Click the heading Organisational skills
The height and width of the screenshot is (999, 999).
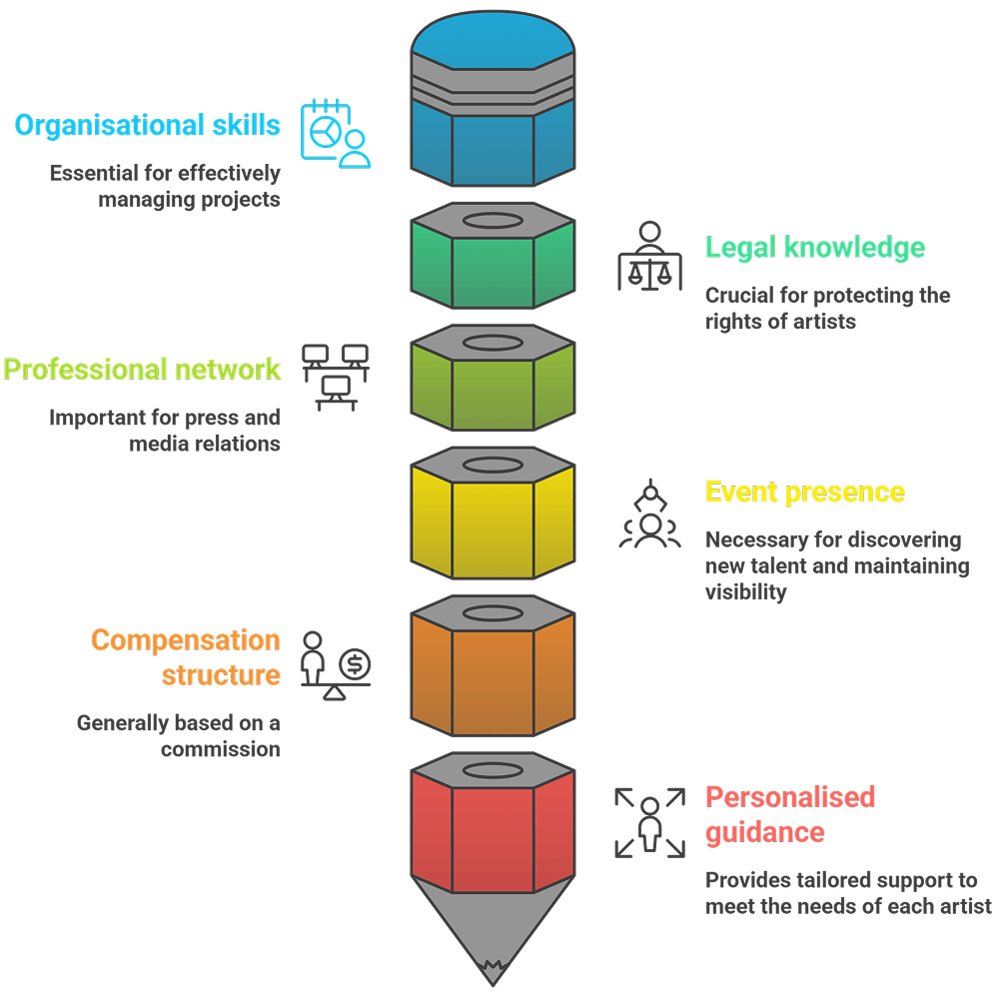point(147,126)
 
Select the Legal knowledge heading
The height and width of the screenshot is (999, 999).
point(815,248)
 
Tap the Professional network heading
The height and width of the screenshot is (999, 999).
point(142,370)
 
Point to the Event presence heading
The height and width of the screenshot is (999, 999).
point(805,493)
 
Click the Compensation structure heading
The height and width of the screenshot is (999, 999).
point(186,657)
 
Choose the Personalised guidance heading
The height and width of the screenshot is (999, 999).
point(789,814)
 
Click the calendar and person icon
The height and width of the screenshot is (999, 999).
point(336,132)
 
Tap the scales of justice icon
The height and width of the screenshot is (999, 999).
point(649,256)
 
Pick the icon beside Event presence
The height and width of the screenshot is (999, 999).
point(649,514)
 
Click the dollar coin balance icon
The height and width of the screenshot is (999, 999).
point(336,664)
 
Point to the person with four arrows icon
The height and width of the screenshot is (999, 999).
point(649,821)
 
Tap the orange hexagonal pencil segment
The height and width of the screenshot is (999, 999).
point(493,679)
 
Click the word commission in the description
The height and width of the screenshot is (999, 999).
point(220,749)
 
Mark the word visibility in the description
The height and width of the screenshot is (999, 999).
point(746,591)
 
